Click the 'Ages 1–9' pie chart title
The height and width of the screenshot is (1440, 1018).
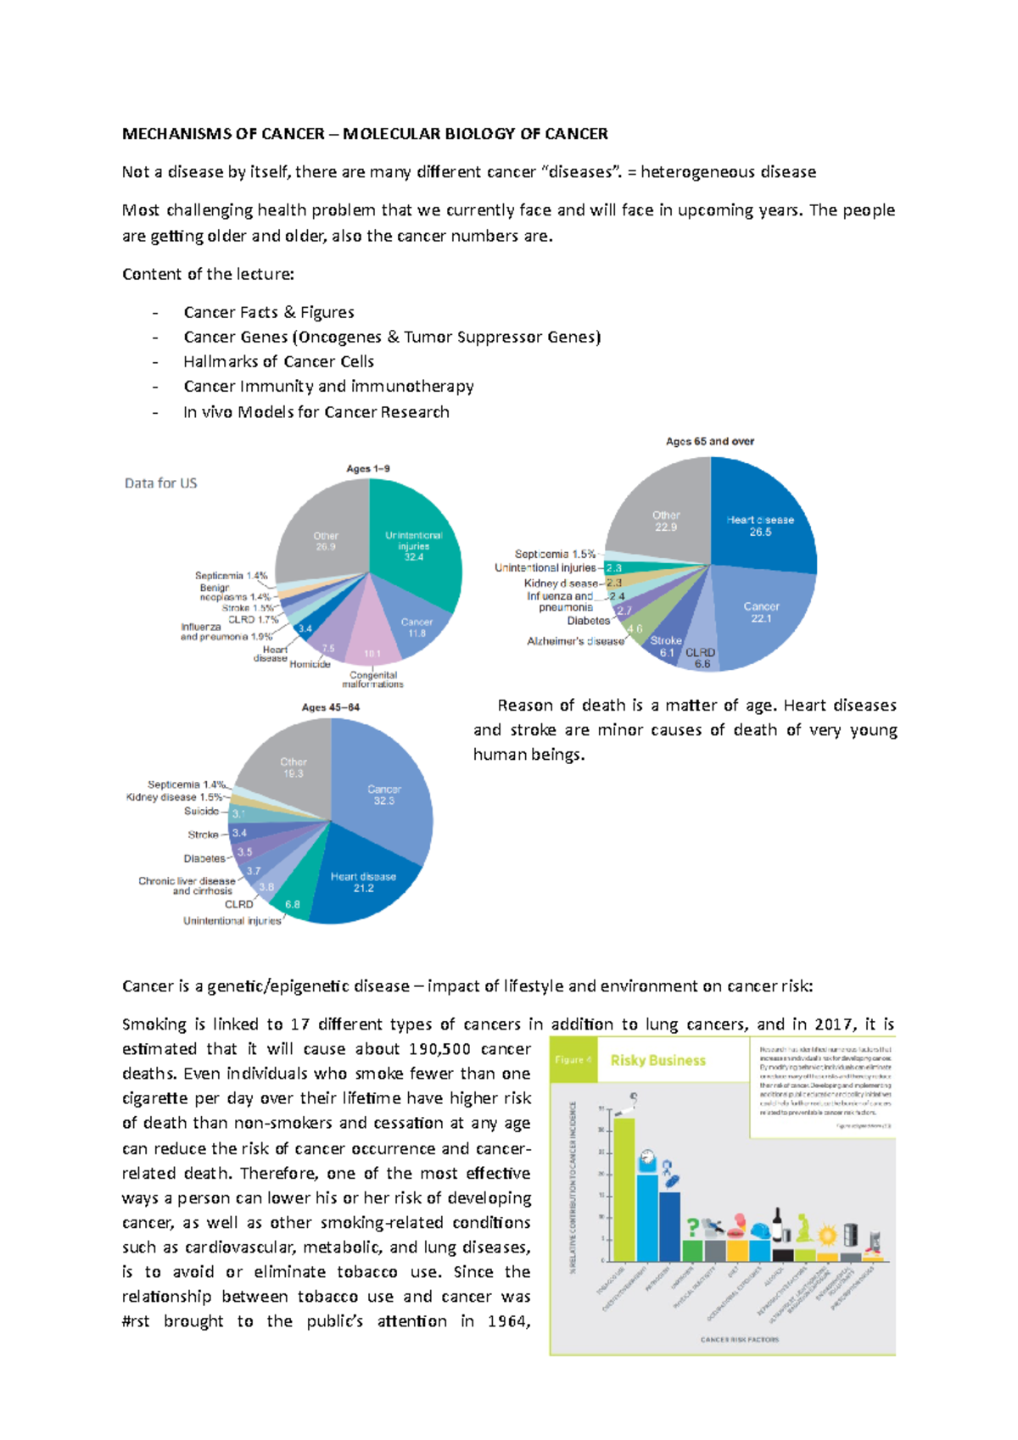coord(368,468)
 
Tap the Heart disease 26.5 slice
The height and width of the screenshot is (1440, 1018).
coord(760,526)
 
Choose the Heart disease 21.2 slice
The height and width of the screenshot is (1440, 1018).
coord(363,882)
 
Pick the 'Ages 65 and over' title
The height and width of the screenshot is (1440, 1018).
coord(710,441)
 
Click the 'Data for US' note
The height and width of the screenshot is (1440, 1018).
coord(160,483)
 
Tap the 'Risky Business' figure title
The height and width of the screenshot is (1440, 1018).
coord(657,1060)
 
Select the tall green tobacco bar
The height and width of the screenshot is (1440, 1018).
coord(624,1187)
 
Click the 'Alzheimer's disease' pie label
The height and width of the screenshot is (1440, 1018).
coord(575,641)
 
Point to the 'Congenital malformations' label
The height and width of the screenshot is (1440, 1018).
coord(372,680)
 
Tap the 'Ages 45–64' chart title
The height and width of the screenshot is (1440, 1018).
coord(331,707)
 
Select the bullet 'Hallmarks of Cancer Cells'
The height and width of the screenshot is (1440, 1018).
coord(278,361)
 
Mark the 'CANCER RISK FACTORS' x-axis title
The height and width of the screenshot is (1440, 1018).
coord(739,1340)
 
